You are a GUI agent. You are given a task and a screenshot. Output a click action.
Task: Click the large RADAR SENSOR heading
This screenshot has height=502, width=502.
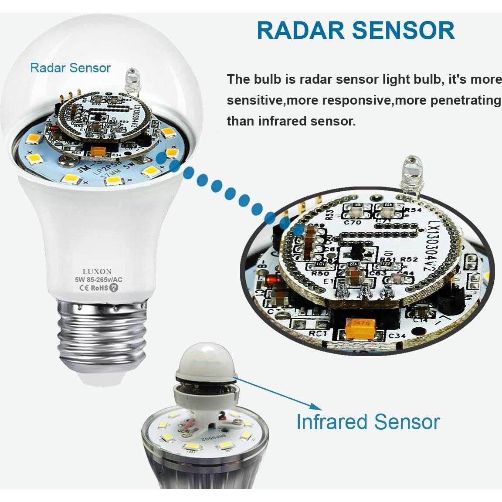pos(355,30)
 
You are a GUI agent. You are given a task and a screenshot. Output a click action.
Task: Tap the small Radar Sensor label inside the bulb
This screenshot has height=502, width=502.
pos(70,68)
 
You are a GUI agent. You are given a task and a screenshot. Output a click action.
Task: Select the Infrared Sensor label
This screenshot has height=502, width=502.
pos(368,422)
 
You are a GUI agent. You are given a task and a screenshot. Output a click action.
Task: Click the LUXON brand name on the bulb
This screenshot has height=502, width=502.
pos(97,271)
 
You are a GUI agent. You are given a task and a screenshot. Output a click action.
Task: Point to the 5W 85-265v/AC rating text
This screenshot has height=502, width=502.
pos(97,280)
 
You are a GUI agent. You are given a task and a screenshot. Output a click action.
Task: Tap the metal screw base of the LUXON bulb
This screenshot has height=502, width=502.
pos(101,331)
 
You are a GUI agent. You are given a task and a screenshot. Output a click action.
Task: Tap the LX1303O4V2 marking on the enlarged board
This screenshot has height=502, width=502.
pos(437,252)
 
